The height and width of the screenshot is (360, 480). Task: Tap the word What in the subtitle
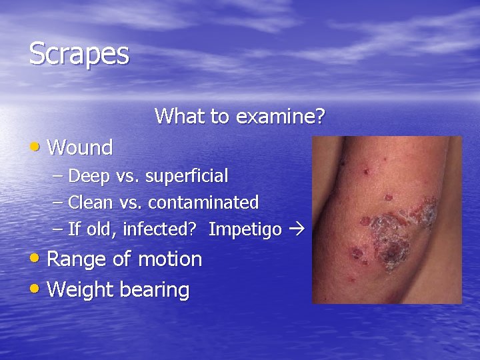(180, 117)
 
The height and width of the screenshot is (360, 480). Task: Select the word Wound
(81, 147)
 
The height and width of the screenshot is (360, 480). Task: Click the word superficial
(187, 177)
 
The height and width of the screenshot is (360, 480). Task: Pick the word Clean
(91, 202)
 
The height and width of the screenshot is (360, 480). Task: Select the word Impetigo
(245, 229)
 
